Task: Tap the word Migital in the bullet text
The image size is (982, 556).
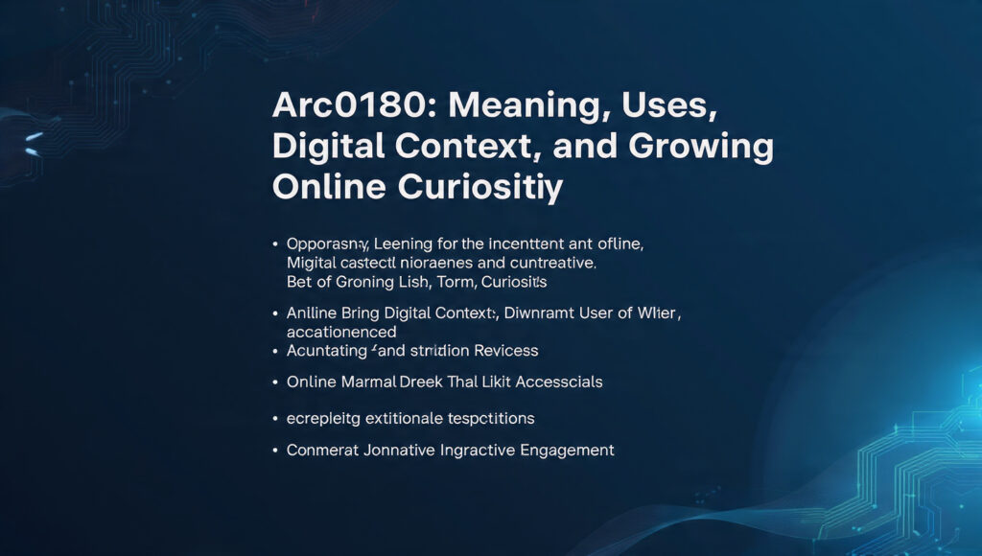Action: [313, 262]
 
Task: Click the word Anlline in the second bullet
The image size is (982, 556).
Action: [312, 313]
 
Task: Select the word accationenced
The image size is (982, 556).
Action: [341, 332]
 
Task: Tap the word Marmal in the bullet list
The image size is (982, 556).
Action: [368, 382]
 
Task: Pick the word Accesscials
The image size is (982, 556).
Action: [558, 382]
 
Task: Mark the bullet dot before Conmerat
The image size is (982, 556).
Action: [276, 450]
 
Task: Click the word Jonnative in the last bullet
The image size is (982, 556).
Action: [393, 450]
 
